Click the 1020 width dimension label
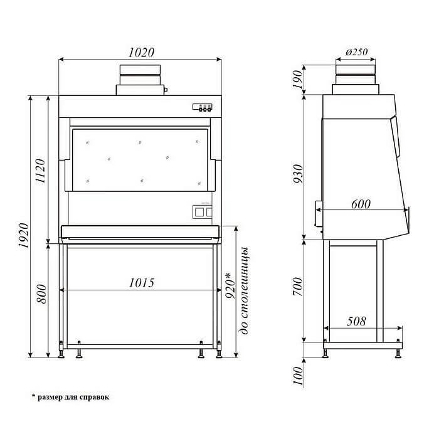[142, 52]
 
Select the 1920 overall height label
[24, 235]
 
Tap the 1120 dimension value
[40, 171]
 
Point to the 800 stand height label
[41, 294]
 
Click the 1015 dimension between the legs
[142, 283]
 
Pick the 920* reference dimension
[230, 285]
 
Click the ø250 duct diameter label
[356, 52]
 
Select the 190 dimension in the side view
[297, 80]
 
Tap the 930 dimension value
[298, 174]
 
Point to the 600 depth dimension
[361, 204]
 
